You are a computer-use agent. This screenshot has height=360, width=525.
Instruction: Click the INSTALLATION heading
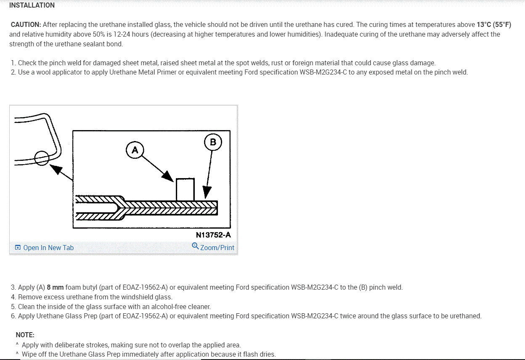[x=32, y=5]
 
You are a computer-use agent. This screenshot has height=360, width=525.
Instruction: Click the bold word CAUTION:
[x=26, y=25]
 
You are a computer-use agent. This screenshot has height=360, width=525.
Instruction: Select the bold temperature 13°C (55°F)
[x=494, y=25]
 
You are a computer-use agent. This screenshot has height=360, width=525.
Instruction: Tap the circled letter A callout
[x=135, y=150]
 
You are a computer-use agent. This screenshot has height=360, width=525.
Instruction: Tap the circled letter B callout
[x=213, y=142]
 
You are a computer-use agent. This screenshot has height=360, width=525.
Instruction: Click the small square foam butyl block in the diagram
[x=185, y=189]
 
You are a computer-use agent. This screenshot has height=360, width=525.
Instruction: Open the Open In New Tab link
[x=48, y=248]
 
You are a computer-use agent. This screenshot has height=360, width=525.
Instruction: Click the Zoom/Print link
[x=217, y=248]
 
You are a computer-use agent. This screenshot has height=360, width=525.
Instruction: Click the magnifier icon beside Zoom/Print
[x=195, y=246]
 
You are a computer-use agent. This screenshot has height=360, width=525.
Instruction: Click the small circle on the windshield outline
[x=42, y=158]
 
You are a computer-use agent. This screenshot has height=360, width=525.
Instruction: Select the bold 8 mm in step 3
[x=55, y=288]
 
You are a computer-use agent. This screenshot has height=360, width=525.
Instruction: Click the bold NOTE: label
[x=25, y=335]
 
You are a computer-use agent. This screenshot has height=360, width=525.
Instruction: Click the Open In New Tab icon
[x=18, y=248]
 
